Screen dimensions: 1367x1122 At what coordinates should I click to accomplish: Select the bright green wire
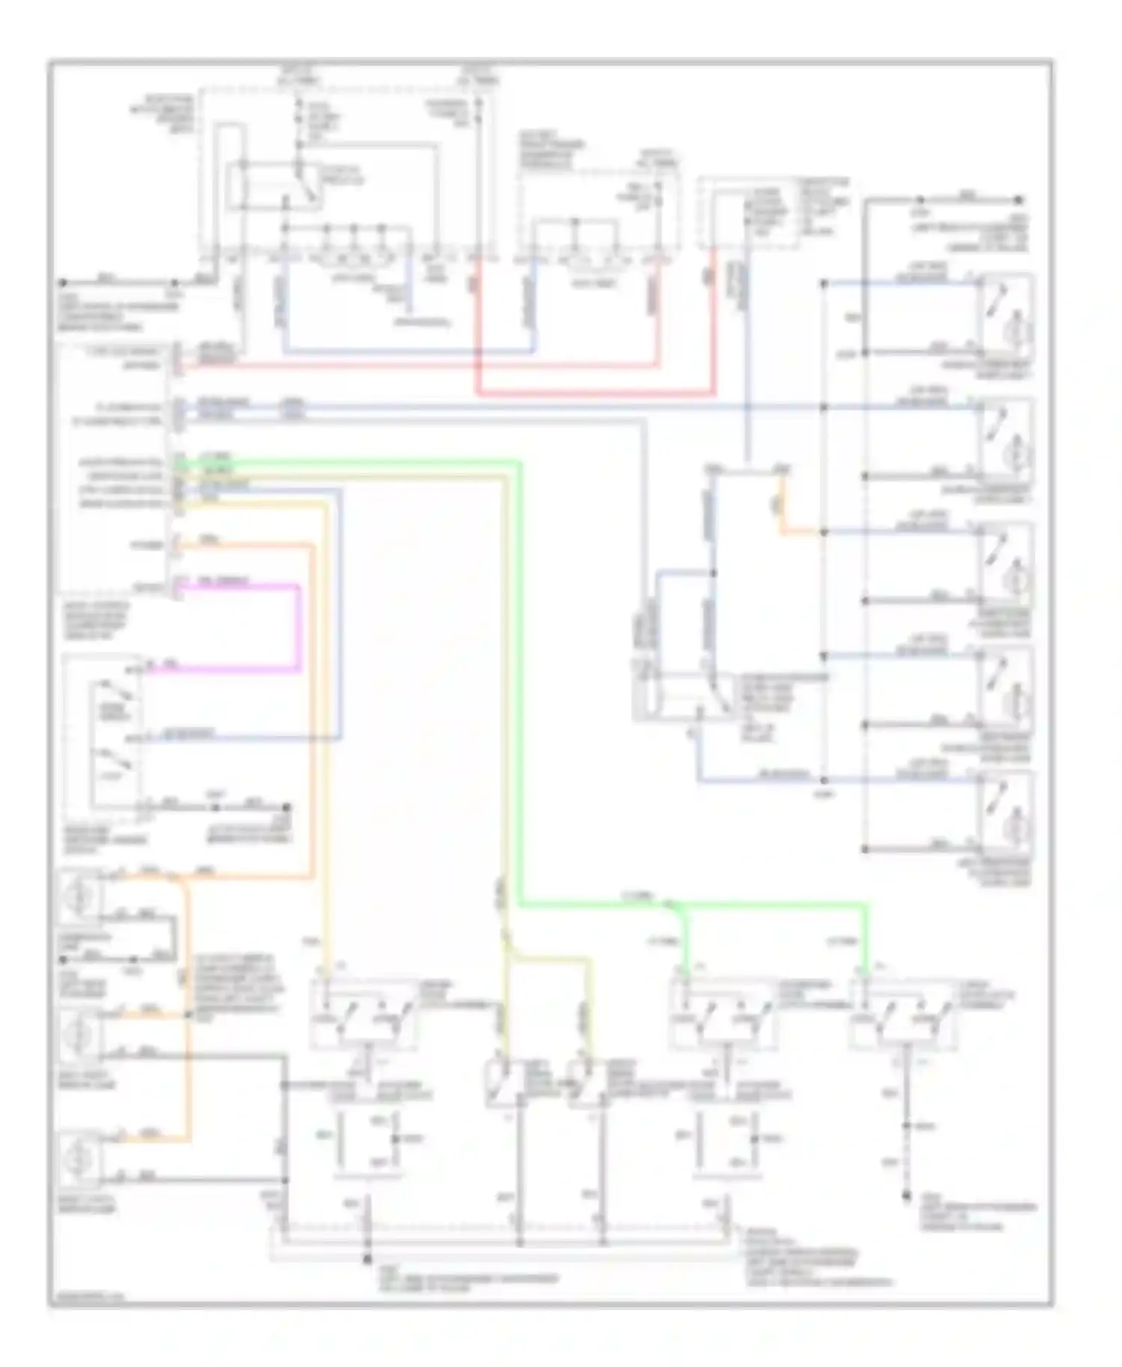[x=519, y=673]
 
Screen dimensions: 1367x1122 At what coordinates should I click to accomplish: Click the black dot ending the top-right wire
[x=1018, y=200]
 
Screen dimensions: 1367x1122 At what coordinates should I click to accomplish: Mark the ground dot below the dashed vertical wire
[x=906, y=1194]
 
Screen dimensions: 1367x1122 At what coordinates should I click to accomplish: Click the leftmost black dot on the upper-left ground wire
[x=63, y=283]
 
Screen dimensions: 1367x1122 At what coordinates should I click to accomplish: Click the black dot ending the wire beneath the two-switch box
[x=286, y=808]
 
